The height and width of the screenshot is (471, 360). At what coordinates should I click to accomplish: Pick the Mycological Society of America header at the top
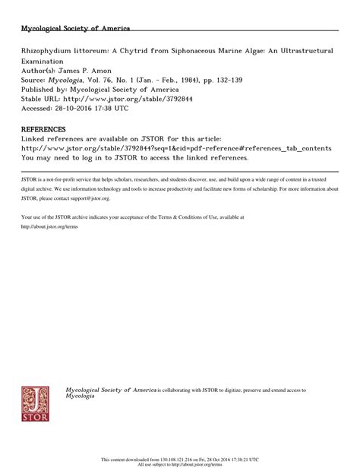click(x=76, y=29)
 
